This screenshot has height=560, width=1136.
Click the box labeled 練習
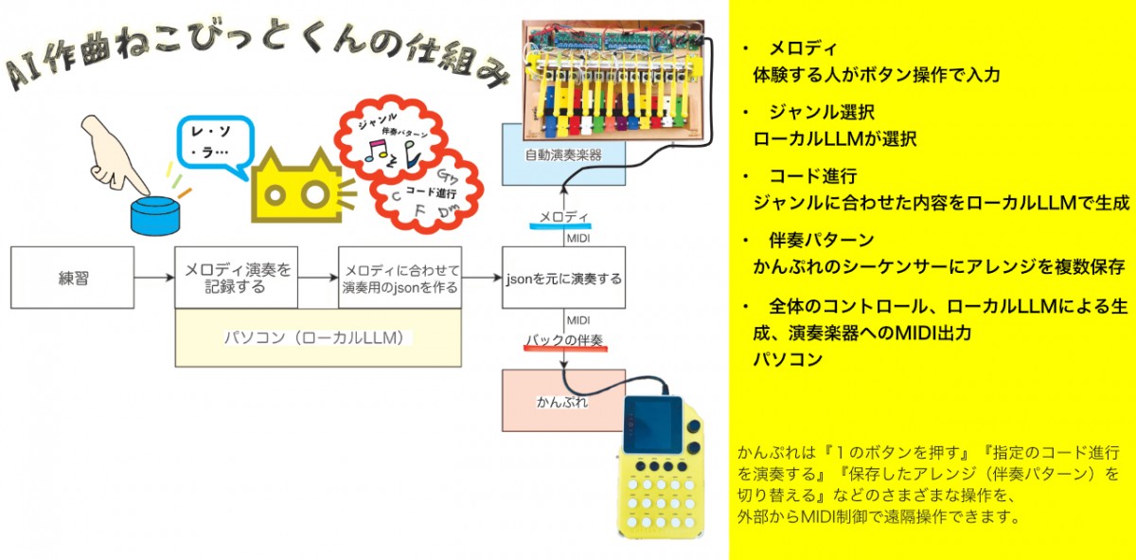coord(72,278)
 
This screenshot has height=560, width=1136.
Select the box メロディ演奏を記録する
coord(236,278)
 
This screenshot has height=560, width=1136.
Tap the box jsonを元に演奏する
coord(563,278)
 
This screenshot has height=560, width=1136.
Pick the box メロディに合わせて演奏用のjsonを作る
coord(399,278)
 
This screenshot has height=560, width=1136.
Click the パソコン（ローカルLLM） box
coord(318,337)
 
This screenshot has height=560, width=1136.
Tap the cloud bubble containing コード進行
coord(426,193)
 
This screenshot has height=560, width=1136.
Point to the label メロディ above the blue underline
coord(564,217)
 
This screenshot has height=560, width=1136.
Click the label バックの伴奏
coord(564,339)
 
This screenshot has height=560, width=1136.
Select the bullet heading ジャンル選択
coord(815,112)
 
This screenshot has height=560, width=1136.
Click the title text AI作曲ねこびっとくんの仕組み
coord(256,66)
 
